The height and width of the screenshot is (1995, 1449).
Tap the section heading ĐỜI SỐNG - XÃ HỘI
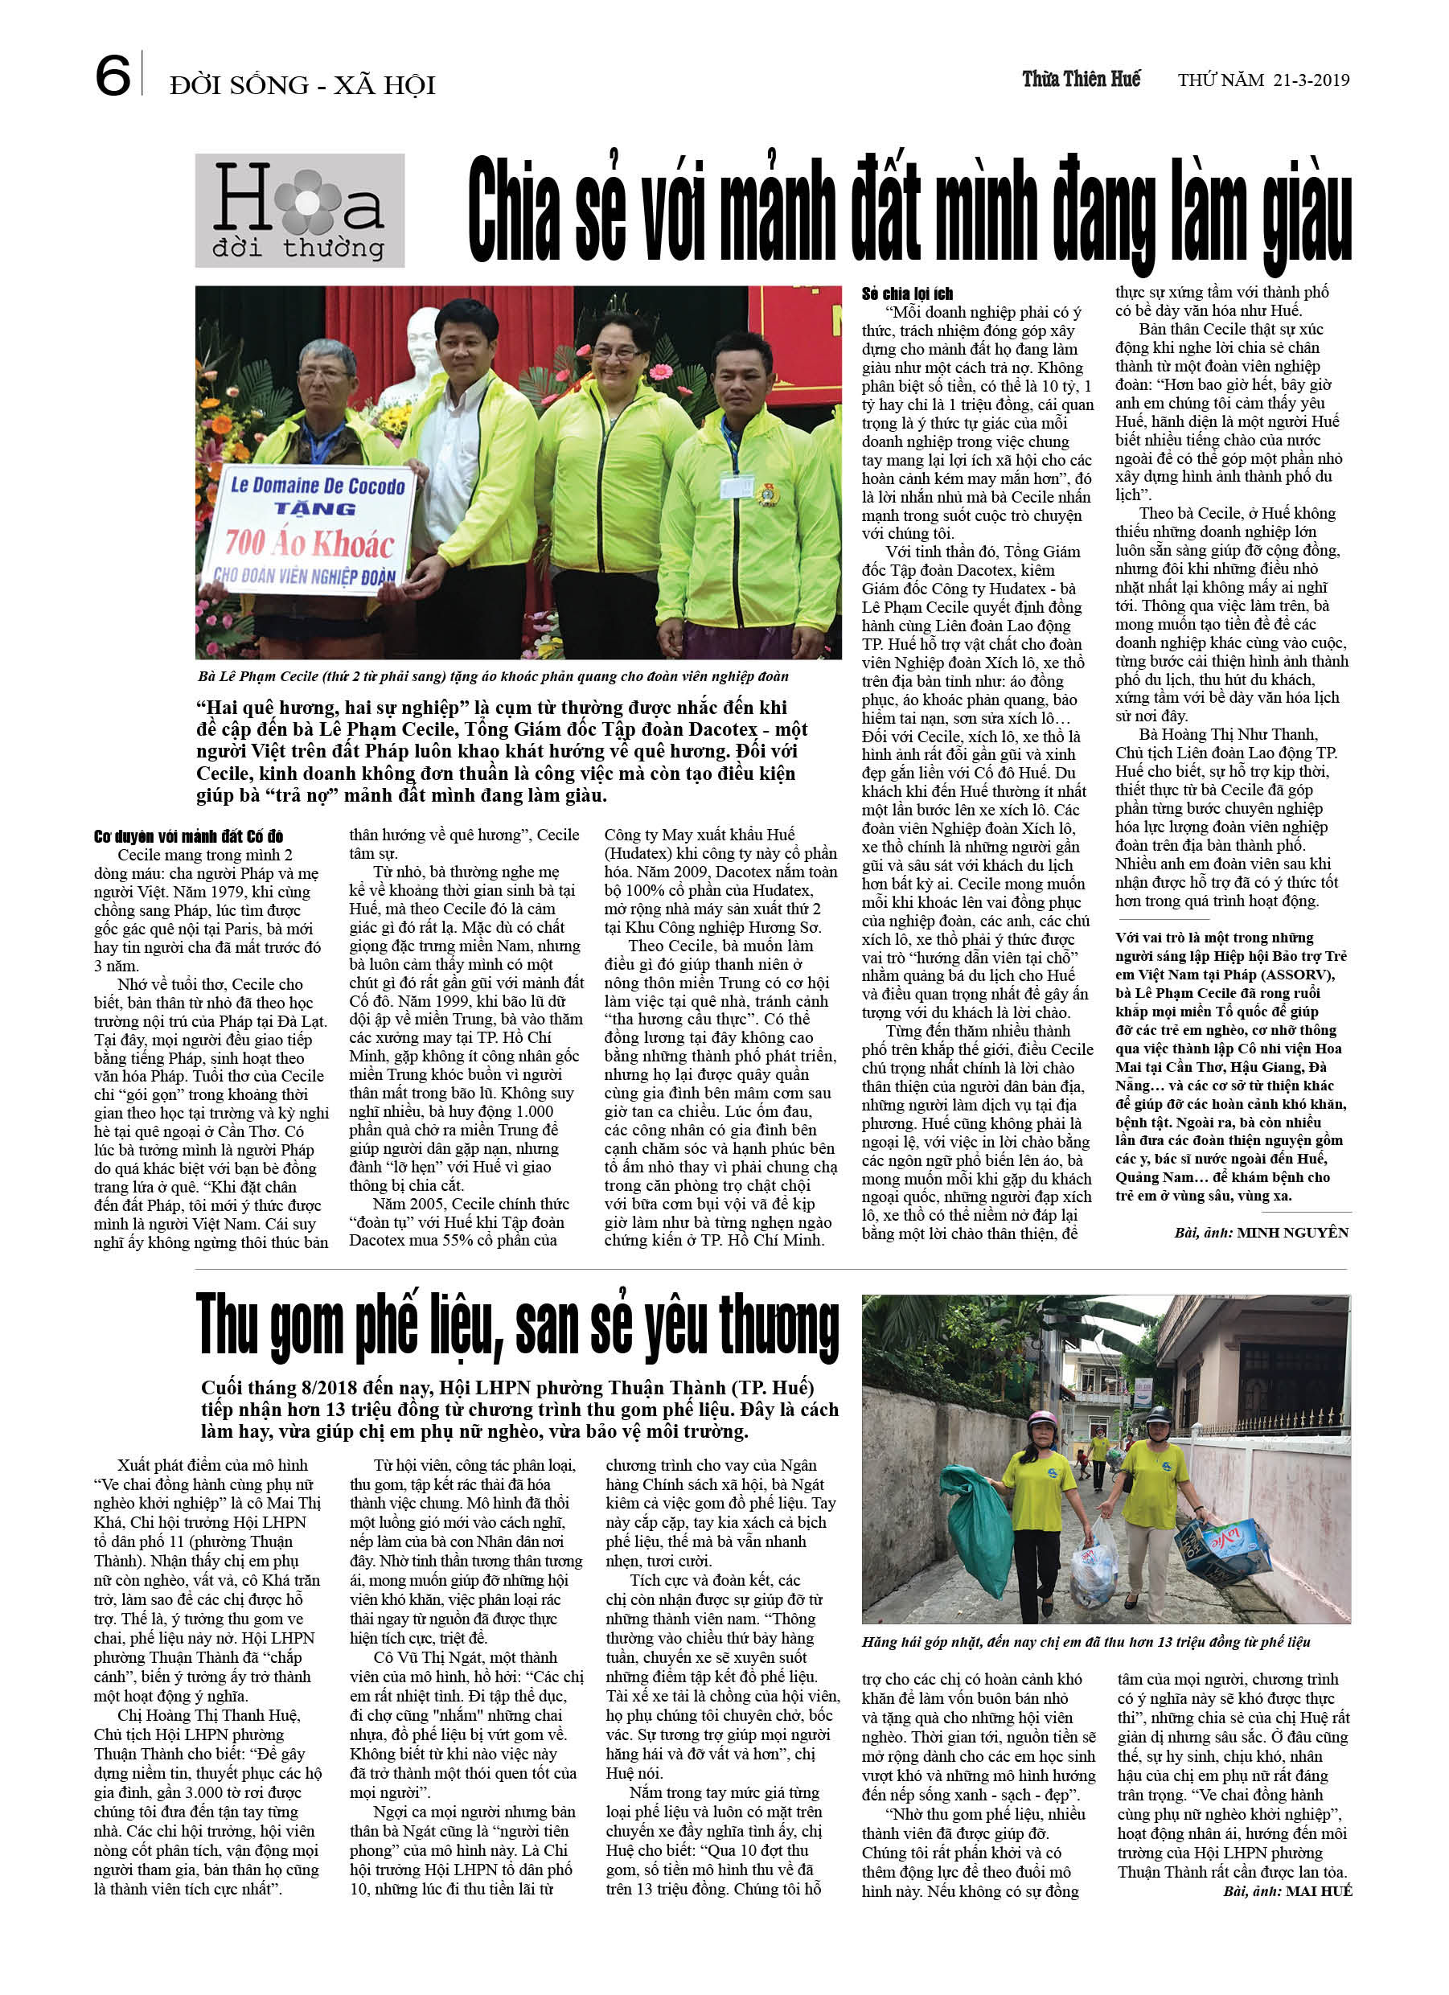click(302, 85)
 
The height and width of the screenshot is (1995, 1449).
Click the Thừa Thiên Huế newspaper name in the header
click(1081, 79)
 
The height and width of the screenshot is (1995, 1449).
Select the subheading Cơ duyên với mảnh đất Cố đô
click(188, 836)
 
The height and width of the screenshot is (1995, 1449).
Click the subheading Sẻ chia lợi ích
click(907, 294)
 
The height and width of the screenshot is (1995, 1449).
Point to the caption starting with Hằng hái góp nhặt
click(1086, 1642)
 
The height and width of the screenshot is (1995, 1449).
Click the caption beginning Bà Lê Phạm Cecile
click(493, 676)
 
